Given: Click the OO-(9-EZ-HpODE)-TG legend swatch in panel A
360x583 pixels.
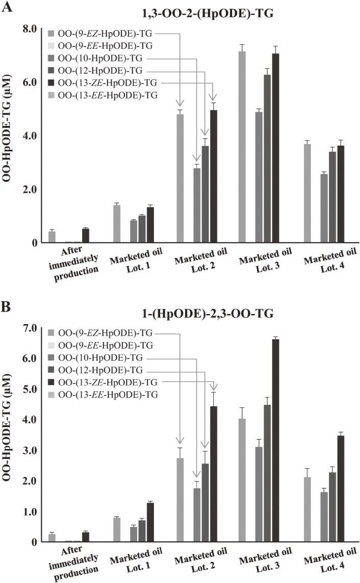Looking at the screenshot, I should pos(52,34).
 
